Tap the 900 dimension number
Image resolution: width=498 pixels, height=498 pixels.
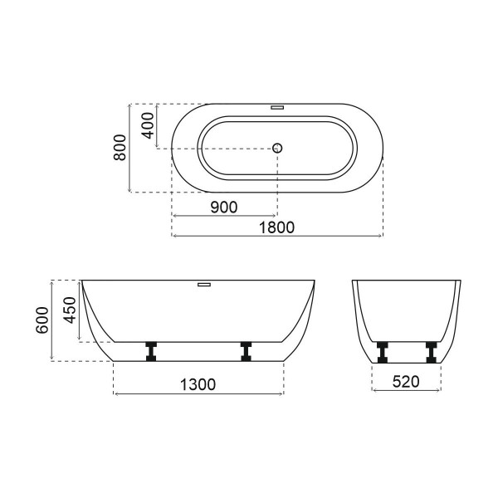coord(224,207)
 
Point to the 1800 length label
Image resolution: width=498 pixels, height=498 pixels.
coord(277,227)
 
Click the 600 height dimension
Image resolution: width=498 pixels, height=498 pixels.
coord(40,320)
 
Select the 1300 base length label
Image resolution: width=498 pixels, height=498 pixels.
coord(198,383)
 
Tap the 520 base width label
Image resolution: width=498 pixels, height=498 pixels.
coord(406,383)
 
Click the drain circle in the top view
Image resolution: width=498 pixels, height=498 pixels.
coord(278,148)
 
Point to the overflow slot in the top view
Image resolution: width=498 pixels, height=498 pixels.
coord(278,107)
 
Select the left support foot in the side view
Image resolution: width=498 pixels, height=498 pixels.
coord(152,351)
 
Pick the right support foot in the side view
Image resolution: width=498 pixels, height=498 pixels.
coord(247,351)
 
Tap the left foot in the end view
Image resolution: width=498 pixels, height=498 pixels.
coord(383,351)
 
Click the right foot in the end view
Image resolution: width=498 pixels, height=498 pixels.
coord(430,351)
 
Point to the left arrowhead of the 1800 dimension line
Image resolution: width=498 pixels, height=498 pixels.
coord(174,236)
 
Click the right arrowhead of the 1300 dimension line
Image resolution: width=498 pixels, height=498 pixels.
coord(281,393)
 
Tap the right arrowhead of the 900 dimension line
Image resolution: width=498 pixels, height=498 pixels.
coord(276,217)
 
